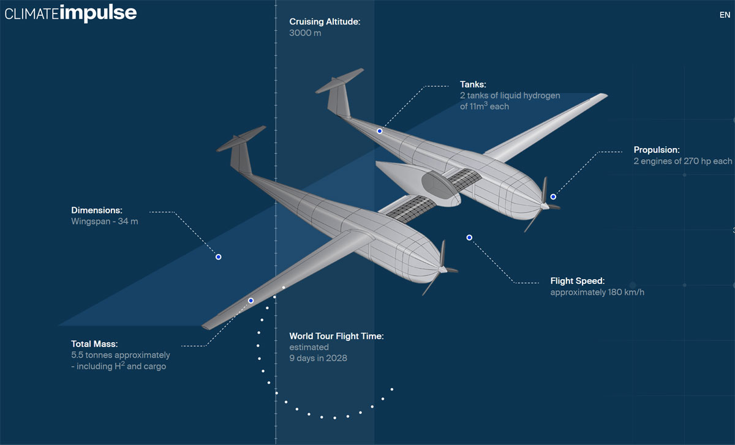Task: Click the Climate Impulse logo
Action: coord(71,13)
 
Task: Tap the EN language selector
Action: coord(725,15)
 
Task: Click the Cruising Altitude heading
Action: coord(325,22)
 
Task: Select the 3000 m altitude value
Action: coord(305,33)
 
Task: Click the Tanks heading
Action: coord(473,84)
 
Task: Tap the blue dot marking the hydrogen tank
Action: coord(380,131)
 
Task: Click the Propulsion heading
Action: coord(657,150)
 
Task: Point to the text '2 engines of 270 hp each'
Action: coord(682,162)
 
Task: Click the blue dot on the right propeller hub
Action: coord(553,196)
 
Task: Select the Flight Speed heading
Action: coord(577,281)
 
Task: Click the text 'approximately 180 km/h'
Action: coord(597,293)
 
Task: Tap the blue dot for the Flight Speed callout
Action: coord(469,237)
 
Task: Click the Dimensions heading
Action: coord(97,210)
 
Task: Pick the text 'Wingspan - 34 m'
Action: coord(105,222)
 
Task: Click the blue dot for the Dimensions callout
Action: coord(218,257)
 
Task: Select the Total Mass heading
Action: coord(94,343)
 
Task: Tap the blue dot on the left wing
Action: coord(251,301)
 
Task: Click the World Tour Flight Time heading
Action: coord(336,336)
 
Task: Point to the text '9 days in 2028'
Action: coord(318,358)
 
